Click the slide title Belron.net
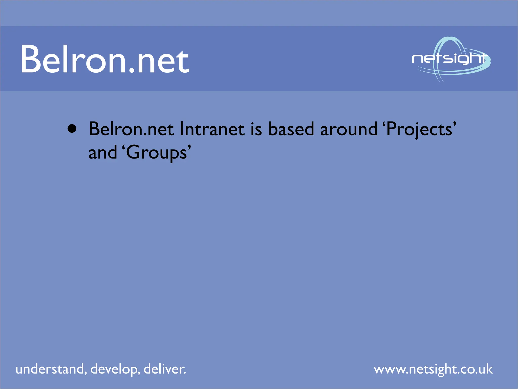coord(105,60)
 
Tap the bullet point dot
coord(72,129)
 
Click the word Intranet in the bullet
coord(212,129)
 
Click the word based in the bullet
coord(291,129)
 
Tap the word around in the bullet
coord(349,129)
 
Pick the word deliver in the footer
coord(165,369)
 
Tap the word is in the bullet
coord(256,129)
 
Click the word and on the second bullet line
coord(103,153)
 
